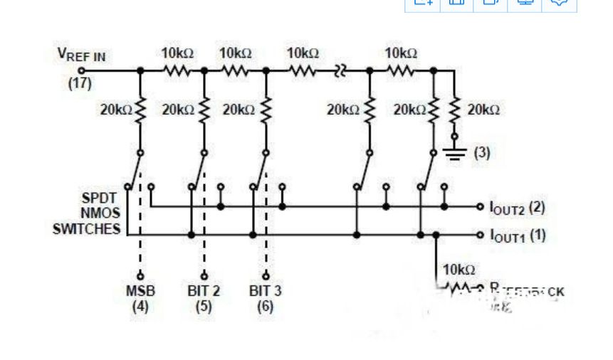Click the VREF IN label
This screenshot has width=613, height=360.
pyautogui.click(x=81, y=55)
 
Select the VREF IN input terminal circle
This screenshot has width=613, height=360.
pyautogui.click(x=81, y=70)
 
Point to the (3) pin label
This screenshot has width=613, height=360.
pyautogui.click(x=481, y=152)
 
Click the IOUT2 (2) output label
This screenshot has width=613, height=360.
pyautogui.click(x=518, y=208)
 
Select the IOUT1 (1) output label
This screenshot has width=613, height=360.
pyautogui.click(x=518, y=234)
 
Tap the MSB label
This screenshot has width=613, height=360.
pyautogui.click(x=140, y=291)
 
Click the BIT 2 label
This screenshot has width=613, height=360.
pyautogui.click(x=204, y=291)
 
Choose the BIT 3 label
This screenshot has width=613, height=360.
pyautogui.click(x=266, y=291)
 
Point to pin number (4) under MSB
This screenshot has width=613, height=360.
pyautogui.click(x=140, y=307)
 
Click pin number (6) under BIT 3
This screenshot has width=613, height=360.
pyautogui.click(x=266, y=307)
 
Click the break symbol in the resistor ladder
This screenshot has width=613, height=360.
pyautogui.click(x=340, y=70)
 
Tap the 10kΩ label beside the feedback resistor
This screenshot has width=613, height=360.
pyautogui.click(x=459, y=270)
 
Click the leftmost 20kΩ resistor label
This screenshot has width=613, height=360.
pyautogui.click(x=116, y=110)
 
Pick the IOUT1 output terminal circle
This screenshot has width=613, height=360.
pyautogui.click(x=481, y=234)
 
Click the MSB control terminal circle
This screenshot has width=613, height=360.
pyautogui.click(x=140, y=276)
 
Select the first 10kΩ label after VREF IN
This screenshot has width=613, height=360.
pyautogui.click(x=177, y=53)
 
